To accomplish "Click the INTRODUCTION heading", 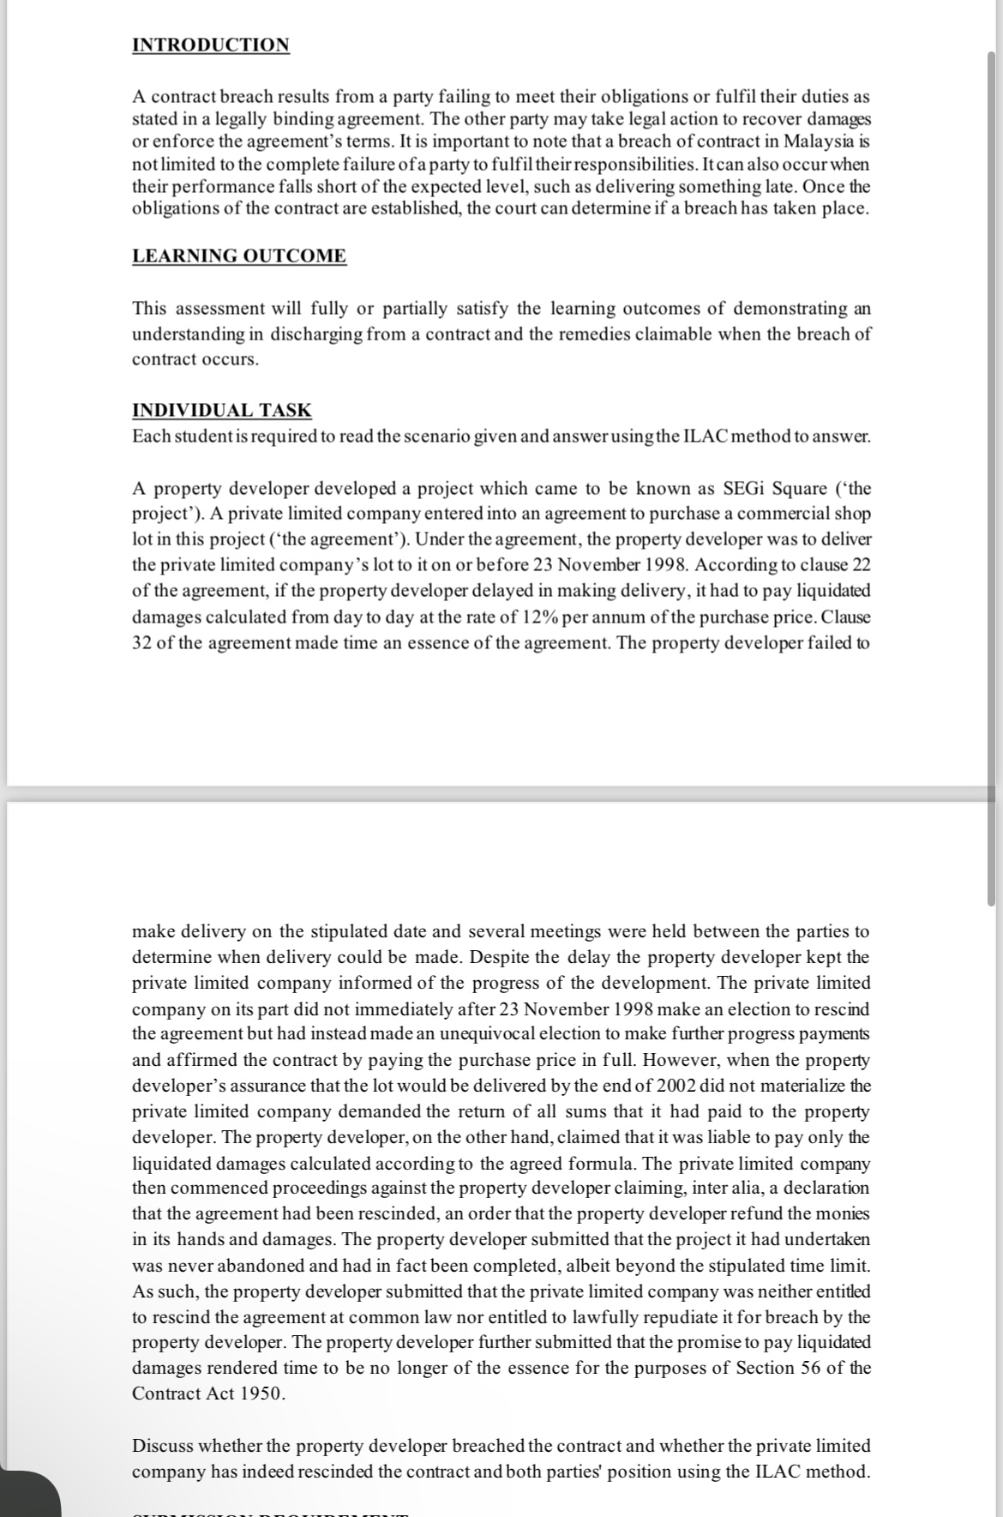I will [x=211, y=45].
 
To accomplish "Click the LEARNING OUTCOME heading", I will [x=239, y=256].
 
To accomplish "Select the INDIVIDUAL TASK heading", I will [x=221, y=411].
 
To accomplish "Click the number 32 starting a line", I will [x=141, y=642].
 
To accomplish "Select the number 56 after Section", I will [x=809, y=1368].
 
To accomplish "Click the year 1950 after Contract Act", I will [x=259, y=1394].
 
